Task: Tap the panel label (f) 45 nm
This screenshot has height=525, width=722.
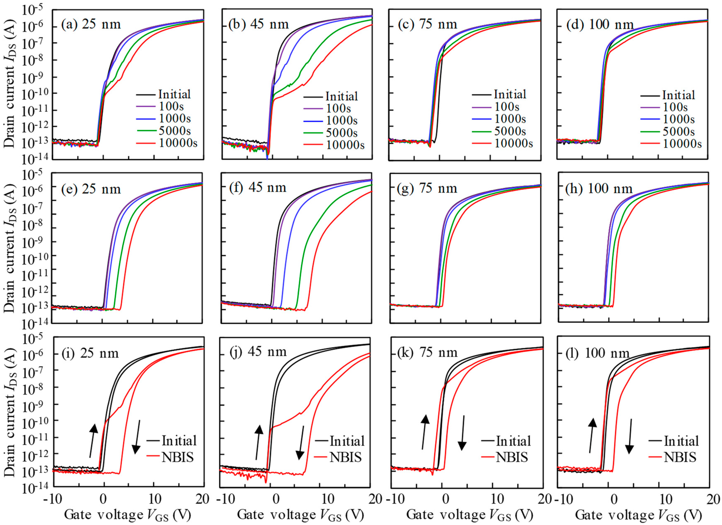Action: tap(258, 188)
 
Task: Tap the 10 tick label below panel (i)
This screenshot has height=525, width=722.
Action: tap(154, 499)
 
